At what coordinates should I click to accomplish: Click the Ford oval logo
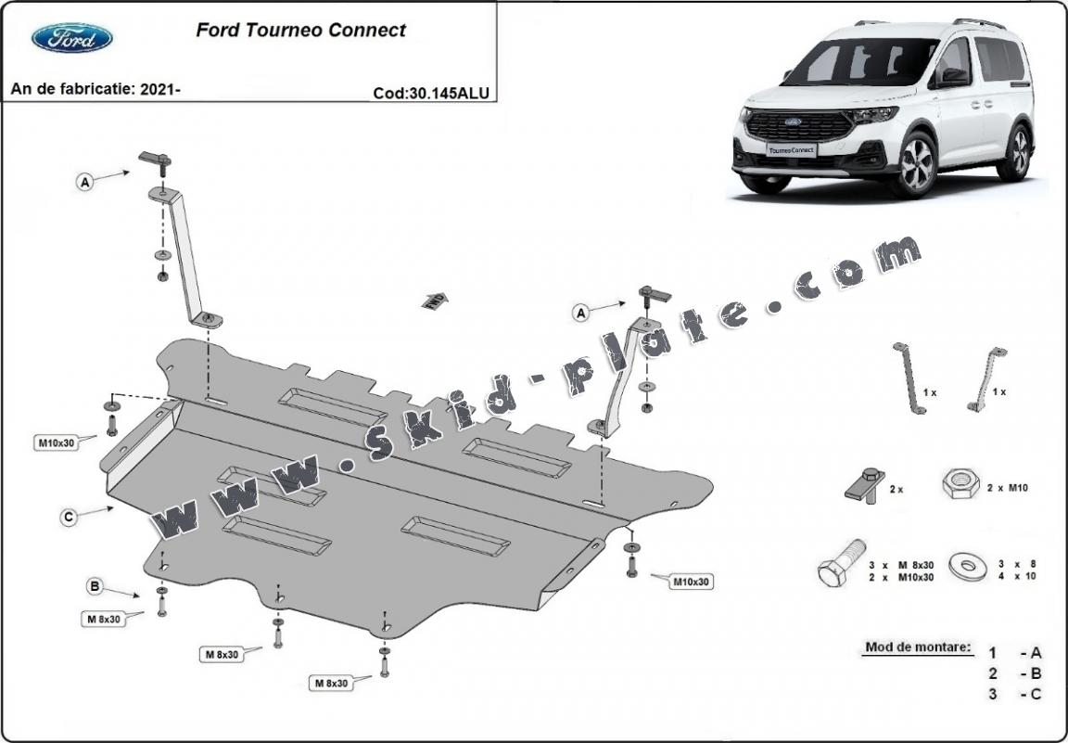[x=72, y=38]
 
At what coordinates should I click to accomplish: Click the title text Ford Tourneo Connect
[x=300, y=31]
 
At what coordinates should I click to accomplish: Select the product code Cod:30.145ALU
[x=430, y=92]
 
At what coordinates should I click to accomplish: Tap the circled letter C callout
[x=69, y=518]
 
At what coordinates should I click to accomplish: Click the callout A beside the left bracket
[x=85, y=183]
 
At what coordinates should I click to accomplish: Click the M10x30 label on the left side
[x=56, y=442]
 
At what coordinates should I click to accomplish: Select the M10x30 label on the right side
[x=691, y=582]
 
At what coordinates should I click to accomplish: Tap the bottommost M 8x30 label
[x=331, y=683]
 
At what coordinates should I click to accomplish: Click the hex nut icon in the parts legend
[x=960, y=484]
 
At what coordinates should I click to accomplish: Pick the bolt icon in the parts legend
[x=841, y=562]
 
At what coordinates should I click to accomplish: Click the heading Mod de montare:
[x=918, y=647]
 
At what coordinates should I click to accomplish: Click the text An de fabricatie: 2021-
[x=95, y=89]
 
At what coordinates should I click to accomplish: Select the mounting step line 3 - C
[x=1014, y=694]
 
